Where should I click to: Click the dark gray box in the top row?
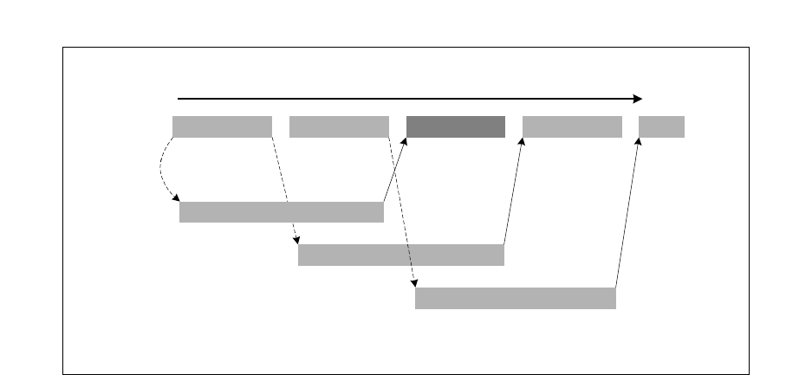[x=456, y=126]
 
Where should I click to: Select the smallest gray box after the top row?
[x=661, y=126]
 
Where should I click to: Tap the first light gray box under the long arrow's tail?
[x=222, y=126]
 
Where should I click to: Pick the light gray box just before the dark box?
[x=339, y=126]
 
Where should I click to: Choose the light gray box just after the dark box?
[x=572, y=126]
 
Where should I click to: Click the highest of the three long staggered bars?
[x=281, y=212]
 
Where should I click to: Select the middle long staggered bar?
[x=400, y=255]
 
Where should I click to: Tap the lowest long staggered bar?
[x=515, y=298]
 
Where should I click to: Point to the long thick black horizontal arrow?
[x=407, y=99]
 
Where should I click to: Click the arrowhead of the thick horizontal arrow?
[x=637, y=99]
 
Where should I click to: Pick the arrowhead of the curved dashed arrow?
[x=176, y=197]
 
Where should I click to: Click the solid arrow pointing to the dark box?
[x=395, y=170]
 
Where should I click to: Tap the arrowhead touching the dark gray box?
[x=405, y=142]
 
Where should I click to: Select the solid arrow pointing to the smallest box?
[x=628, y=212]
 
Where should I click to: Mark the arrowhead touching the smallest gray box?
[x=640, y=142]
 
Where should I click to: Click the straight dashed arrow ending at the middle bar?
[x=285, y=191]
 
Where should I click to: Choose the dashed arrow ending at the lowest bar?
[x=403, y=212]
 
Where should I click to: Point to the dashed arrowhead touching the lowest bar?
[x=415, y=282]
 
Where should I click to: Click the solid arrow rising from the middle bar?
[x=513, y=191]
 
